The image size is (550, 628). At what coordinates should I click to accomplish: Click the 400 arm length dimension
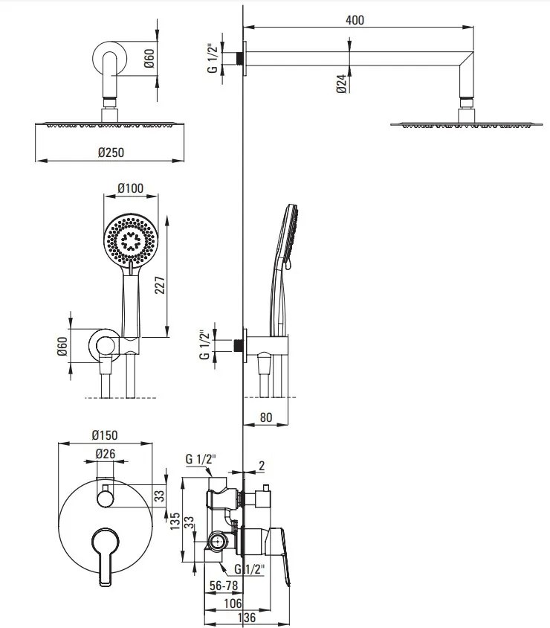pos(355,20)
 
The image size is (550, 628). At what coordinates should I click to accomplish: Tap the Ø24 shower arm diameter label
pos(341,83)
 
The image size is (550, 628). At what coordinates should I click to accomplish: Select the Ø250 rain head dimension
pos(111,153)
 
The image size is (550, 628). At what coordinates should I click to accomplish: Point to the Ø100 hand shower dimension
pos(130,188)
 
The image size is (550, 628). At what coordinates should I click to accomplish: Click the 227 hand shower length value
pos(160,285)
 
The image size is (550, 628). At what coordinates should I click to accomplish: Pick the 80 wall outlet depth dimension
pos(266,417)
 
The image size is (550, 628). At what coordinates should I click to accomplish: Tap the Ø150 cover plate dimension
pos(105,435)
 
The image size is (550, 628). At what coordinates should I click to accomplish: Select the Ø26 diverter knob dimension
pos(106,453)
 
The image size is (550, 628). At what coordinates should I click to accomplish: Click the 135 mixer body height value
pos(175,522)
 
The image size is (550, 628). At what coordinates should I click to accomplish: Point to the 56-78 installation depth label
pos(224,586)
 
